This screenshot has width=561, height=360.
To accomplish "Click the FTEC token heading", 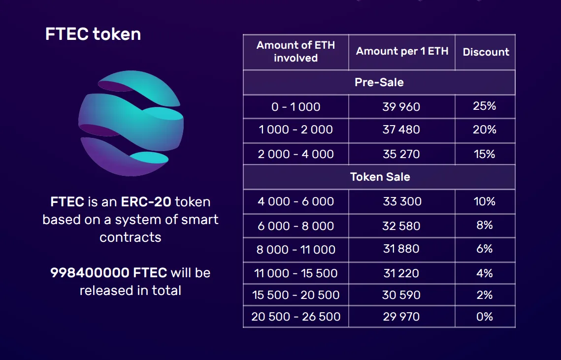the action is tap(93, 34).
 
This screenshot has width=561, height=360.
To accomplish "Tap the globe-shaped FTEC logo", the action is tap(131, 123).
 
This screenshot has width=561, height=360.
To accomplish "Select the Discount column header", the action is tap(486, 52).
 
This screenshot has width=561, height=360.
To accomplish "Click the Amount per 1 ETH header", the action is tap(402, 51).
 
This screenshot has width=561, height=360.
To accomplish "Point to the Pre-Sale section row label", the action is tap(379, 82).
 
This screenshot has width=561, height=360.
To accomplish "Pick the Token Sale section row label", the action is tap(380, 177).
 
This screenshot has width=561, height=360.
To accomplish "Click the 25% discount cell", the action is tap(485, 106).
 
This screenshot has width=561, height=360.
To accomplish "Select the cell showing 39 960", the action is tap(401, 107).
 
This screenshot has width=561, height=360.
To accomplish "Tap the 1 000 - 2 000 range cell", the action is tap(296, 130).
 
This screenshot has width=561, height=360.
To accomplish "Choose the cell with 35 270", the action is tap(401, 154).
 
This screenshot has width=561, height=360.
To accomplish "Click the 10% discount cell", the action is tap(485, 201).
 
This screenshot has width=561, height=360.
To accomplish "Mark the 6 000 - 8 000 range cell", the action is tap(296, 226).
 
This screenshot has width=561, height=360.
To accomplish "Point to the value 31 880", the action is tap(401, 249).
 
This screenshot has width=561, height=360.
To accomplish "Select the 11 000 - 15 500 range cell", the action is tap(296, 273).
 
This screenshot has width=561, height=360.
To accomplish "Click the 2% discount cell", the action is tap(485, 295).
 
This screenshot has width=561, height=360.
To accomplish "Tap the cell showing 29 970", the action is tap(401, 317).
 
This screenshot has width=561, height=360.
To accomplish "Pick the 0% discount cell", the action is tap(485, 317).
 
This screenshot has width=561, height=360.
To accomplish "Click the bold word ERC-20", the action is tap(146, 202).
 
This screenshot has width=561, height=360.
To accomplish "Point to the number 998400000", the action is tap(90, 273).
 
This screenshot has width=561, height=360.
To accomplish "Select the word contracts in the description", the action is tap(130, 237).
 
